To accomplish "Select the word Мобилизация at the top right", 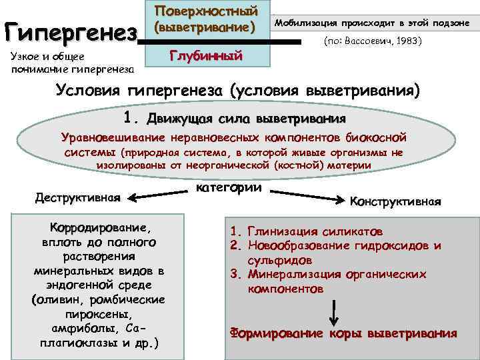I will [x=307, y=23].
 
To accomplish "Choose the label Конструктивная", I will [x=395, y=201].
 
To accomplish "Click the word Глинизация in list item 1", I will [x=280, y=232].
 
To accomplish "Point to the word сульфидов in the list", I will [x=277, y=261].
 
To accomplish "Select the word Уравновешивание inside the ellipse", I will [x=113, y=137].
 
